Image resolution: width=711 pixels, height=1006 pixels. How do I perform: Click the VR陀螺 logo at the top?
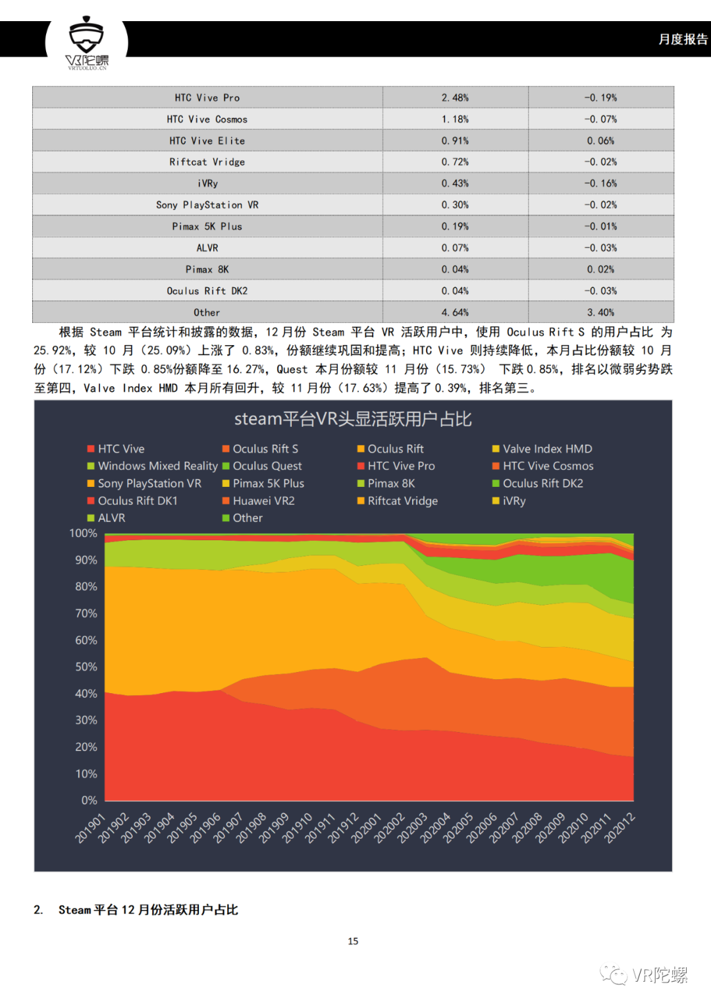pos(87,43)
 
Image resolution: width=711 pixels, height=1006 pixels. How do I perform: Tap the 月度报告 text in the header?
pos(683,40)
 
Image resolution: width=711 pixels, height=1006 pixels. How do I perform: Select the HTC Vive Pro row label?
pos(207,98)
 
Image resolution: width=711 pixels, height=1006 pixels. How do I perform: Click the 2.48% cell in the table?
pos(455,98)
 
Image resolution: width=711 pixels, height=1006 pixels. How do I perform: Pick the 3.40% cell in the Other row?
pos(600,312)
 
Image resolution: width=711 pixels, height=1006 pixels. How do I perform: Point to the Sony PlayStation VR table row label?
pos(207,205)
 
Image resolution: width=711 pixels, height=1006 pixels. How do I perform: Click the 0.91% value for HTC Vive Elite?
pos(455,140)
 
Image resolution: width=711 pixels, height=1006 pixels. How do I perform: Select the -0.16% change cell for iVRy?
pos(600,183)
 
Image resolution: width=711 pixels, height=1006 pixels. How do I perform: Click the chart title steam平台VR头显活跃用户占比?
pos(353,418)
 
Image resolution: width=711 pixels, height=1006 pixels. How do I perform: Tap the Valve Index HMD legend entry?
pos(542,449)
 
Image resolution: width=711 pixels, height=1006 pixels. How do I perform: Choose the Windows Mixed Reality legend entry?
pos(153,466)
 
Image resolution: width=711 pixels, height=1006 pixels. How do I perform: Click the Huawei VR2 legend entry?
pos(259,501)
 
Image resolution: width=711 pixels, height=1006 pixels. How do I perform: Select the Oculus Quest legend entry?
pos(262,466)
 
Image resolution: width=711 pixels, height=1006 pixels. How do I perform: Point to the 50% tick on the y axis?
pos(86,667)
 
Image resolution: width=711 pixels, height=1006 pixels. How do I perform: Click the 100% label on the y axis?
pos(84,533)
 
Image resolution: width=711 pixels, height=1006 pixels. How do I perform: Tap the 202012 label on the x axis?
pos(620,827)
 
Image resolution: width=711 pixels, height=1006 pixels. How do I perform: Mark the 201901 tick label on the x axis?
pos(90,827)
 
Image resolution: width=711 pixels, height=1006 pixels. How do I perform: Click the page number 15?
pos(353,941)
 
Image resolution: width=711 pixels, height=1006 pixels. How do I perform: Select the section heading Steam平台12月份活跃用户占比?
pos(148,909)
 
